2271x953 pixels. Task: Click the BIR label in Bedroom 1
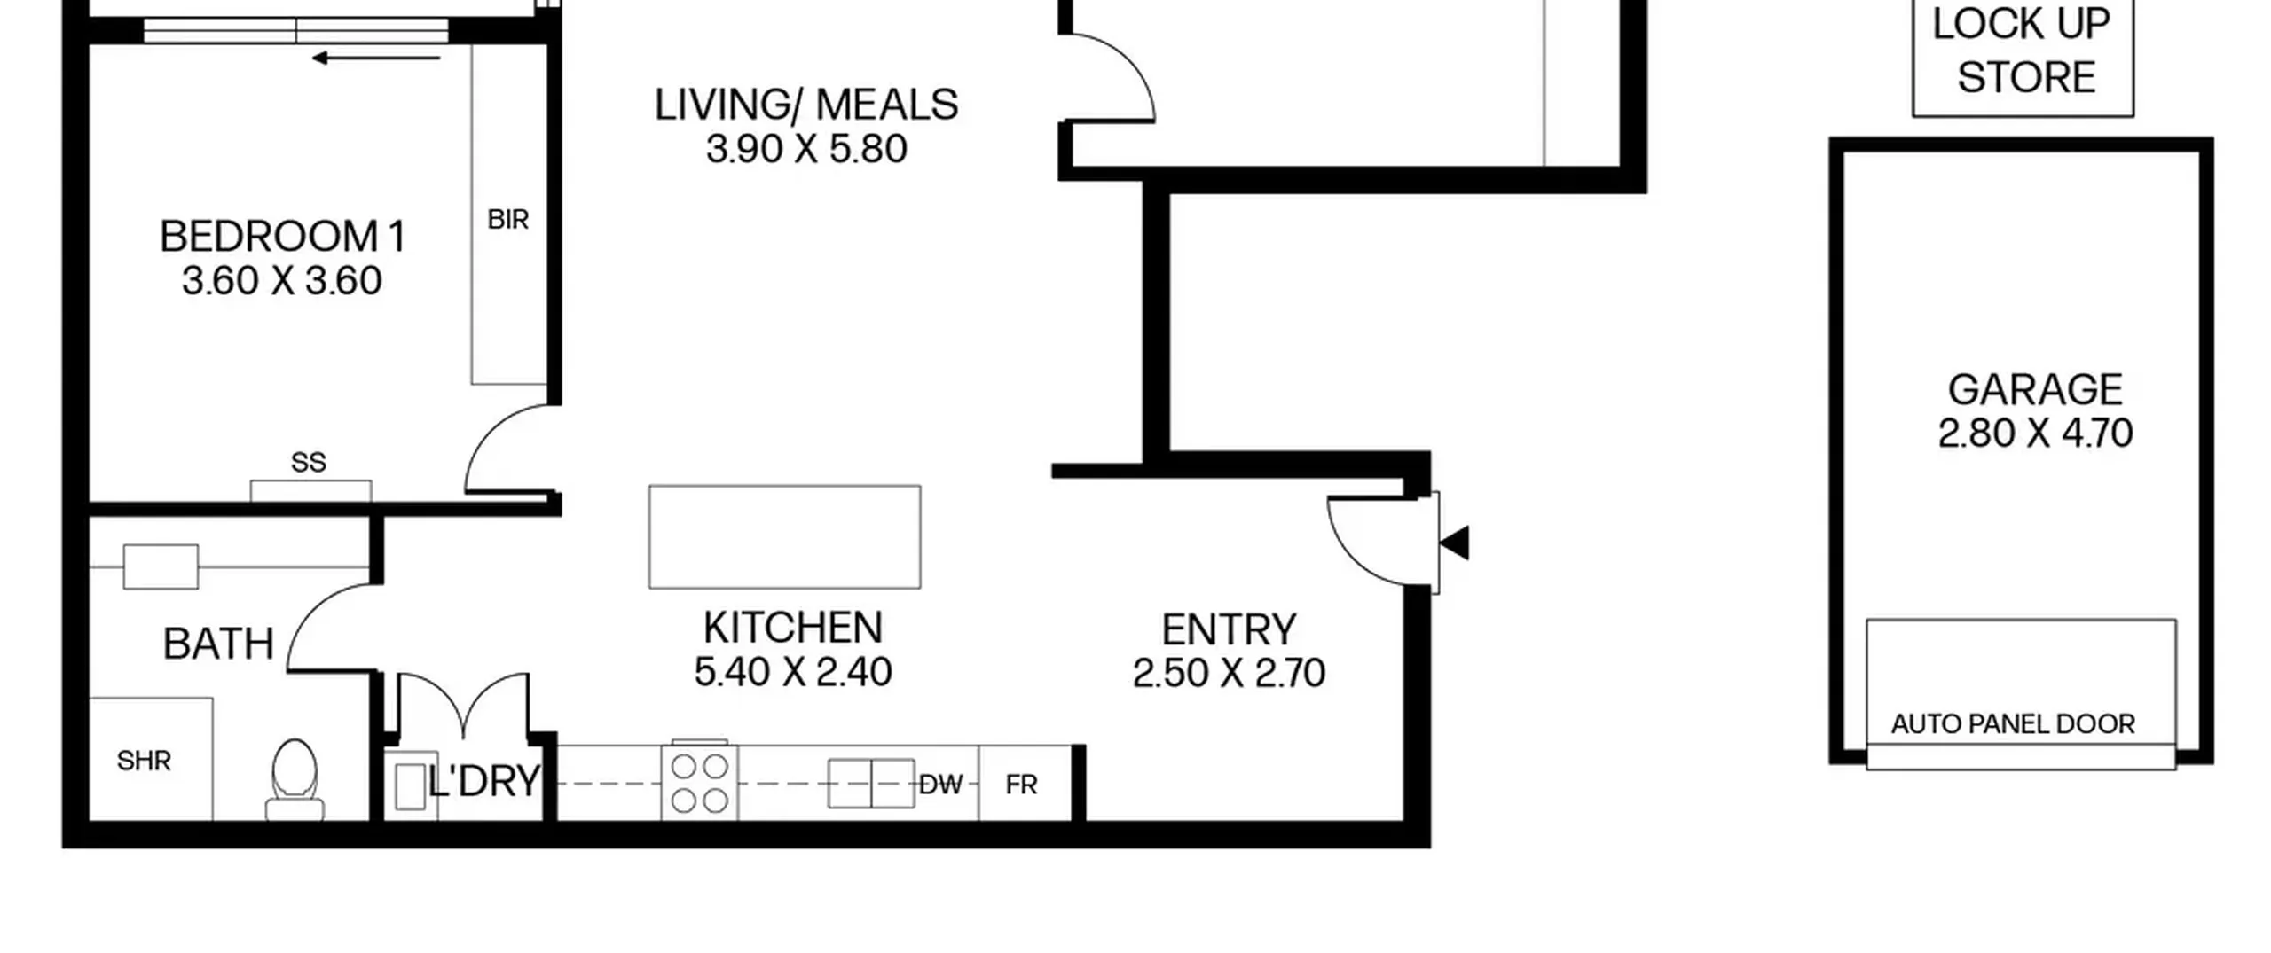508,219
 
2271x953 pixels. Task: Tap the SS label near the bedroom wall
309,462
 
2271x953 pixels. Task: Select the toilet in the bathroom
295,781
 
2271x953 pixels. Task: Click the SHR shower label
144,761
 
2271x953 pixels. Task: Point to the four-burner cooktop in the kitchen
699,783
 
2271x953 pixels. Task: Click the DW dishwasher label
941,785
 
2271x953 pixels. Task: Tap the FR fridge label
1021,785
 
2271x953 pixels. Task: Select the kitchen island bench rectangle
784,536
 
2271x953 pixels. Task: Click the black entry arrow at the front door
1454,543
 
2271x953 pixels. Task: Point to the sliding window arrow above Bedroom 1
376,59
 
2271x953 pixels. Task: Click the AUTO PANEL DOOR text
2013,724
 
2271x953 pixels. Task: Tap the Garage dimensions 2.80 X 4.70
2035,434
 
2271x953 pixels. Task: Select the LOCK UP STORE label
2023,51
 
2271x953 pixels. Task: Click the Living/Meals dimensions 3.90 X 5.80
806,149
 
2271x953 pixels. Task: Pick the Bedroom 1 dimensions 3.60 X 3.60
282,281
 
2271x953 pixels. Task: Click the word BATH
218,644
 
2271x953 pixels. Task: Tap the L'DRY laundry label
483,781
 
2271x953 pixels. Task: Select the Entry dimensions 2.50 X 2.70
1229,673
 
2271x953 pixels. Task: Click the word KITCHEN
793,628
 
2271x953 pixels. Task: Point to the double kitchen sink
871,784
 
